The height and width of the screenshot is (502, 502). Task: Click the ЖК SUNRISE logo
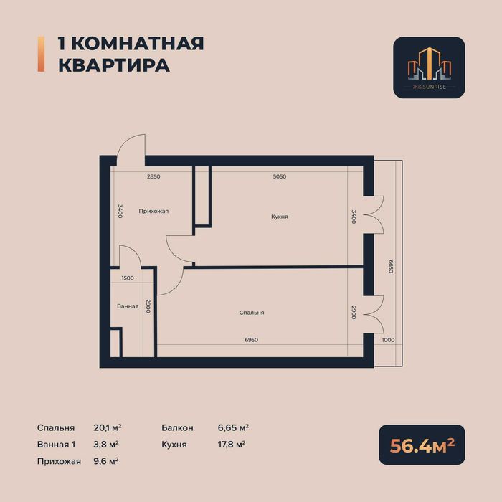pyautogui.click(x=429, y=67)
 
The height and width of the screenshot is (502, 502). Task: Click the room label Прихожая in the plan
pyautogui.click(x=153, y=211)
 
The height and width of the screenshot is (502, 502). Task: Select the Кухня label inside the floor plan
pyautogui.click(x=280, y=216)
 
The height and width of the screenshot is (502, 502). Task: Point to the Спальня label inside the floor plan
pyautogui.click(x=252, y=313)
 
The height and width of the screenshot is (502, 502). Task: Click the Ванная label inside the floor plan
pyautogui.click(x=128, y=306)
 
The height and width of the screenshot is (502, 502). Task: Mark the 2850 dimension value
pyautogui.click(x=153, y=176)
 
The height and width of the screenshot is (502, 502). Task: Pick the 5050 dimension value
pyautogui.click(x=280, y=176)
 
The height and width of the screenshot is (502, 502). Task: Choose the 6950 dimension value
pyautogui.click(x=251, y=339)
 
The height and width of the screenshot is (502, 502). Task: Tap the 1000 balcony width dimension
pyautogui.click(x=388, y=340)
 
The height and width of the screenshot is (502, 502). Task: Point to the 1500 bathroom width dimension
pyautogui.click(x=128, y=278)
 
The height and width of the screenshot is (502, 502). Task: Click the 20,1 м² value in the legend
pyautogui.click(x=106, y=427)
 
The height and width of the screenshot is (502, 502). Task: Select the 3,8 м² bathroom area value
pyautogui.click(x=106, y=444)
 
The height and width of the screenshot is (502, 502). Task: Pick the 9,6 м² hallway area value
pyautogui.click(x=106, y=460)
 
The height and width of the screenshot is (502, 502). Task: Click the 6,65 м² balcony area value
pyautogui.click(x=233, y=427)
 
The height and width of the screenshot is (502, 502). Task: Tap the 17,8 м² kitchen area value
pyautogui.click(x=231, y=444)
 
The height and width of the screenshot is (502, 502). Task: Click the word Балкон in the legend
pyautogui.click(x=177, y=427)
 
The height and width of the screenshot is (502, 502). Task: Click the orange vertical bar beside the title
pyautogui.click(x=40, y=54)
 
